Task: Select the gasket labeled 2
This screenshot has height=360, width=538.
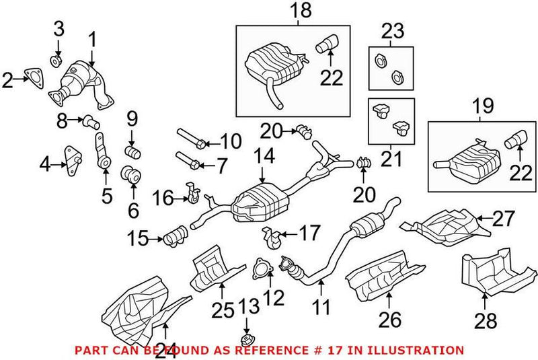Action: (31, 80)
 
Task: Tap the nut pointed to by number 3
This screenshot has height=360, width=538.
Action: (57, 63)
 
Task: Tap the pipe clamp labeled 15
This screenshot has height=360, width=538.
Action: (174, 237)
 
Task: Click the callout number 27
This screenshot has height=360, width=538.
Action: (504, 218)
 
